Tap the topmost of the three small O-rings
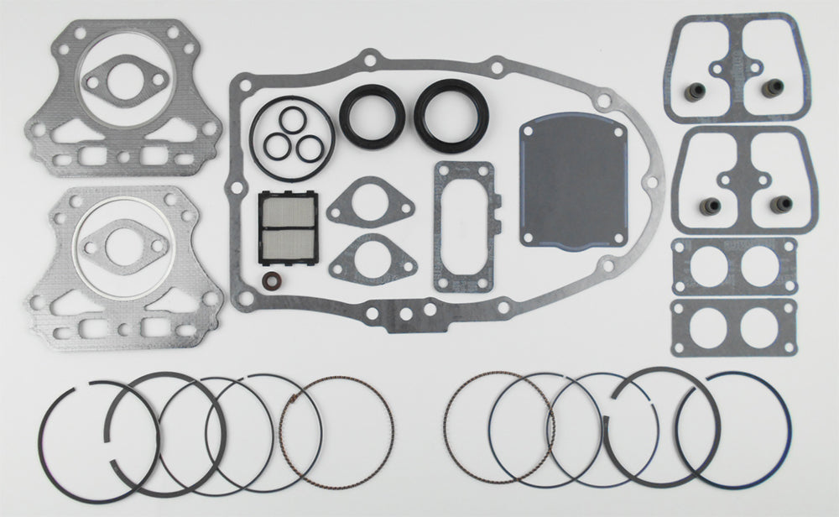click(x=296, y=120)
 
